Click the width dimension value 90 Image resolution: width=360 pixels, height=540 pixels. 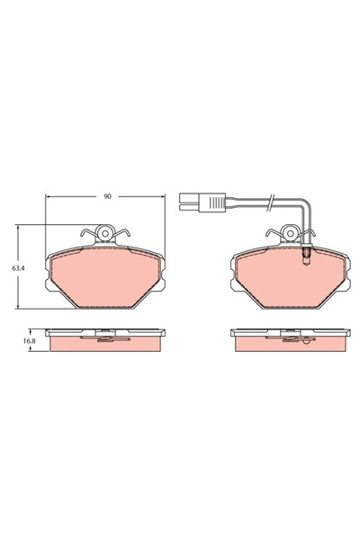click(x=106, y=196)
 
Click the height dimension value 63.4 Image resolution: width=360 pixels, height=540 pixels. click(x=17, y=267)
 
